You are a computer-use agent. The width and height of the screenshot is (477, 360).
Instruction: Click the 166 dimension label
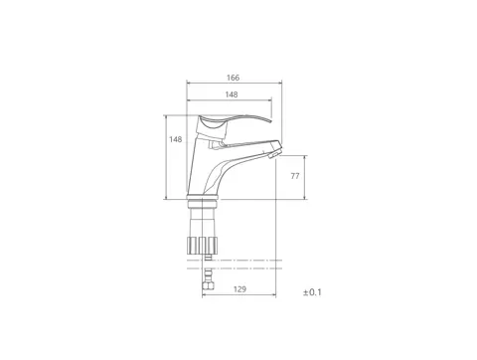(x=233, y=78)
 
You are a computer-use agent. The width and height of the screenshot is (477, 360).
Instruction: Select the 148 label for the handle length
(x=232, y=94)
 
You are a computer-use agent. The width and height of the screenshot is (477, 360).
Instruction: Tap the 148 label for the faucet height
(x=176, y=139)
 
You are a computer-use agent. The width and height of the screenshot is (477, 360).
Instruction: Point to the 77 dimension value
(x=295, y=176)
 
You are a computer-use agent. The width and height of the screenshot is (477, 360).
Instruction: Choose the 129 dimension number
(x=239, y=289)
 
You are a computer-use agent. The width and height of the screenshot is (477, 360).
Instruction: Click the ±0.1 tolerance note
(x=312, y=292)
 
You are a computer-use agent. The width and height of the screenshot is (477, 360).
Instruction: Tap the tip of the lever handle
(x=270, y=121)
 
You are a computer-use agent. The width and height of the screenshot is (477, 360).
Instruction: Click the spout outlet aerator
(x=274, y=154)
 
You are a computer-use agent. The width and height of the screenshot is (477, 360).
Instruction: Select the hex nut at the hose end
(x=208, y=285)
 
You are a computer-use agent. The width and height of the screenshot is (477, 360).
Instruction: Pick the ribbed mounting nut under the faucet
(x=203, y=245)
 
